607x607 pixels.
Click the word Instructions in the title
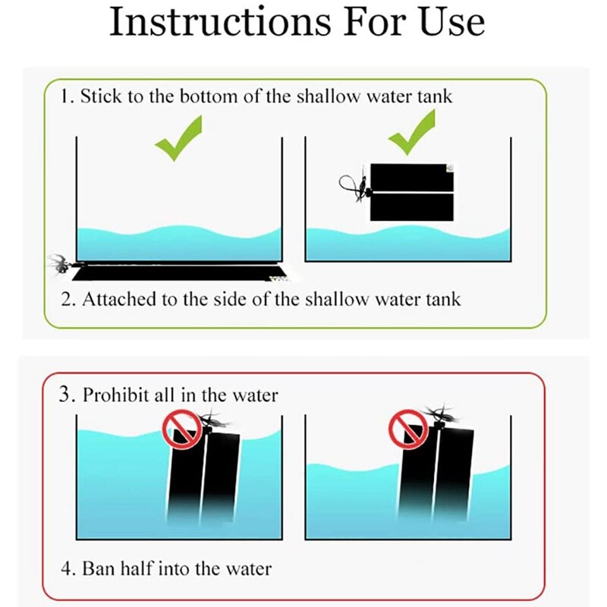(220, 22)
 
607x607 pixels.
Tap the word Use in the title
(451, 23)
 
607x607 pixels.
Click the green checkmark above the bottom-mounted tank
(178, 138)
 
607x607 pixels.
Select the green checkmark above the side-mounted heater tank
(411, 132)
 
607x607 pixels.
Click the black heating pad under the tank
(179, 272)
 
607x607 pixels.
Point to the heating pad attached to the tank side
(412, 193)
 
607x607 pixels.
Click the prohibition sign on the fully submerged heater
(182, 429)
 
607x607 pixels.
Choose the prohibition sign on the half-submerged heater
(408, 429)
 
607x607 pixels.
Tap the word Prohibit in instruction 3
(116, 395)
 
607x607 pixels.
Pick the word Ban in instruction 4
(99, 568)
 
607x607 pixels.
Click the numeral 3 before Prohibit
(65, 395)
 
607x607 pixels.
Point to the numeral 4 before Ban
(66, 568)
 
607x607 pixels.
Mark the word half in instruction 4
(137, 568)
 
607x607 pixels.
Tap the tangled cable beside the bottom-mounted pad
(59, 263)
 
